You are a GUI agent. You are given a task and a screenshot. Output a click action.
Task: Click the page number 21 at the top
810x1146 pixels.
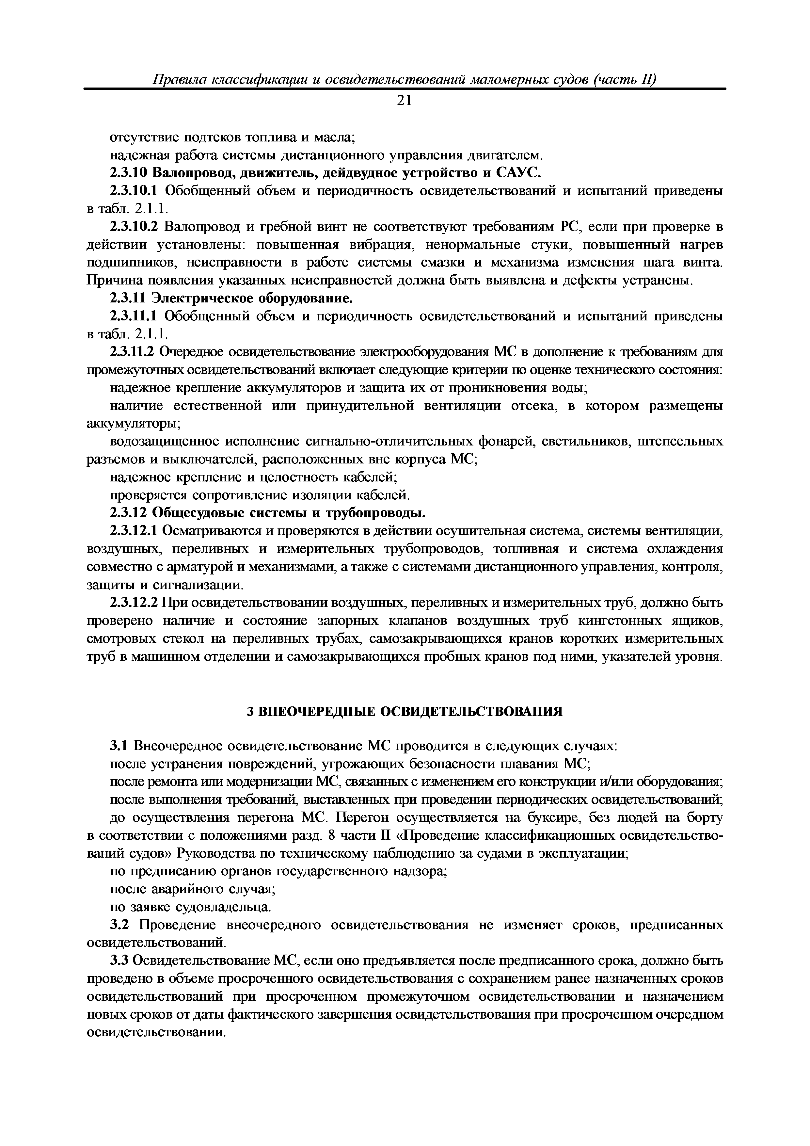(x=404, y=101)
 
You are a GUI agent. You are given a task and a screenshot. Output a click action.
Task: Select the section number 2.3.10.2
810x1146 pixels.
(x=133, y=227)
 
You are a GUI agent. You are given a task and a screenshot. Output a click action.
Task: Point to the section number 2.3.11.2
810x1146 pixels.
(x=133, y=352)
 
